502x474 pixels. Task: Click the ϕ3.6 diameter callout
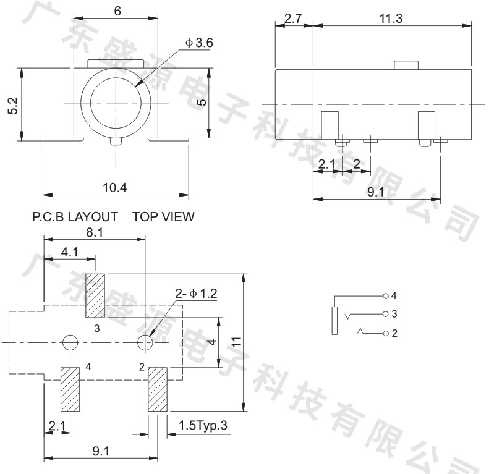click(x=199, y=43)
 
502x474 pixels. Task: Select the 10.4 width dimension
click(x=114, y=187)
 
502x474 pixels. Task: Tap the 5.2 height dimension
click(x=14, y=106)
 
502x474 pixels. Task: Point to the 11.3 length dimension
click(x=391, y=19)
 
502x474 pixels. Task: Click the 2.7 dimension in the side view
click(x=293, y=19)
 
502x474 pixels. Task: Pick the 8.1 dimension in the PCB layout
click(x=95, y=233)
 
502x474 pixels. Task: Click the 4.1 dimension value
click(x=69, y=252)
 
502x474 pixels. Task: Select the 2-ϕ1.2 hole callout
click(x=196, y=294)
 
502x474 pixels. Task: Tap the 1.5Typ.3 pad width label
click(x=203, y=425)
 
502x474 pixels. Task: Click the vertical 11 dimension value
click(x=237, y=342)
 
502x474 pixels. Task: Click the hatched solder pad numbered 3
click(x=95, y=296)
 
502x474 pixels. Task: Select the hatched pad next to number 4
click(x=70, y=389)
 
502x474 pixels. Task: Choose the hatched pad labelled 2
click(x=158, y=389)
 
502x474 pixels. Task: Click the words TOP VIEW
click(x=163, y=217)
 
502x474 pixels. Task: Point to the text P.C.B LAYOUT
click(x=75, y=217)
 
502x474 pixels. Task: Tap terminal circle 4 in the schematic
click(x=386, y=296)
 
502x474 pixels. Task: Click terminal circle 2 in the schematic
click(x=386, y=334)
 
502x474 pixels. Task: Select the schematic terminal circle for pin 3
click(x=386, y=314)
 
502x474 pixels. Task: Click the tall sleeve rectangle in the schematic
click(x=334, y=321)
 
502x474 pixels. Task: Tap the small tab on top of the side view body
click(x=406, y=65)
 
